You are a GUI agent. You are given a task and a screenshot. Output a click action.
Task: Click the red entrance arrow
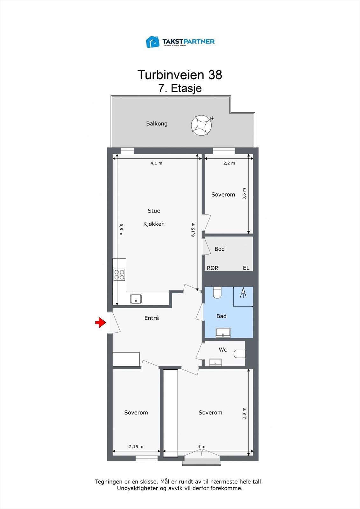tap(101, 323)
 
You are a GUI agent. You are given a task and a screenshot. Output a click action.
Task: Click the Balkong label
tap(157, 123)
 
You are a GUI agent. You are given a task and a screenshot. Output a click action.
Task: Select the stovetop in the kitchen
tap(119, 275)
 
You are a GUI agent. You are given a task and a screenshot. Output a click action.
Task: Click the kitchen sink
tap(136, 299)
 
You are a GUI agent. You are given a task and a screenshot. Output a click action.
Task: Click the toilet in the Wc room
tap(239, 353)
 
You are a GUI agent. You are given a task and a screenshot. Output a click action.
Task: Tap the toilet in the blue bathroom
tap(217, 292)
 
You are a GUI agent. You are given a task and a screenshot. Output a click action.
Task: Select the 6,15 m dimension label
tap(193, 230)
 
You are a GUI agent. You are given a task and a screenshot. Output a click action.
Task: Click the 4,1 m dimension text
tap(156, 163)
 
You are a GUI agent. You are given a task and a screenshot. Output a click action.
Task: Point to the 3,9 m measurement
tap(244, 413)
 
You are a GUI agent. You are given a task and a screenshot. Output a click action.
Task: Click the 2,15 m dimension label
tap(136, 447)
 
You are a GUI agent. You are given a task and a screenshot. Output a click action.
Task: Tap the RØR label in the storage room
tap(213, 268)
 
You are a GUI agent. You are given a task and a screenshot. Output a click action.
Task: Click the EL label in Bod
tap(246, 268)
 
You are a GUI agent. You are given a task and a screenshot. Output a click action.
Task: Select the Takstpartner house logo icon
tap(153, 42)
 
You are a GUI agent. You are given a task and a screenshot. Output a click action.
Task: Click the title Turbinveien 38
tap(180, 75)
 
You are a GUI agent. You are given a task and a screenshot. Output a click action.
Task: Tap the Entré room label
tap(152, 318)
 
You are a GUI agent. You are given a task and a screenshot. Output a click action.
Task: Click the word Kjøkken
tap(154, 224)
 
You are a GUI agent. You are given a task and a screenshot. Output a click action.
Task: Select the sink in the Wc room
tap(215, 362)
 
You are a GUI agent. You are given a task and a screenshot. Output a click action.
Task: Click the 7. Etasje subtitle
tap(180, 88)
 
